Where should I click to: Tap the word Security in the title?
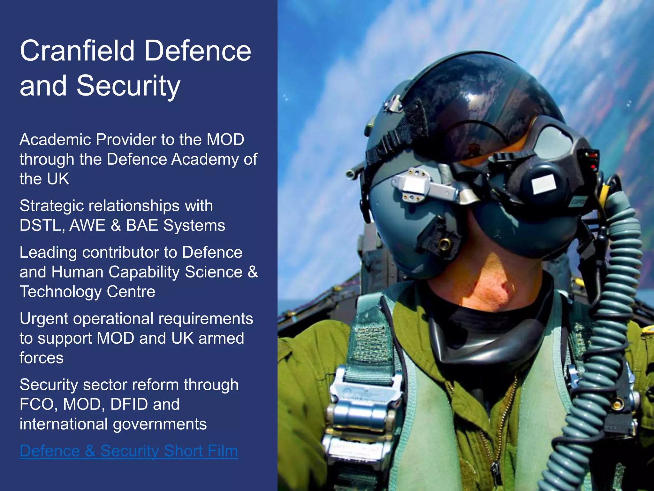(x=128, y=86)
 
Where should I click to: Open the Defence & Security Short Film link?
(x=129, y=451)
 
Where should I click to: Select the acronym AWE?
(x=87, y=225)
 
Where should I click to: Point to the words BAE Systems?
(x=175, y=225)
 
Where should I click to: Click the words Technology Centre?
(x=87, y=292)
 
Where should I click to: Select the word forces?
(x=42, y=358)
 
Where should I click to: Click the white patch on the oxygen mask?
(x=544, y=184)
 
